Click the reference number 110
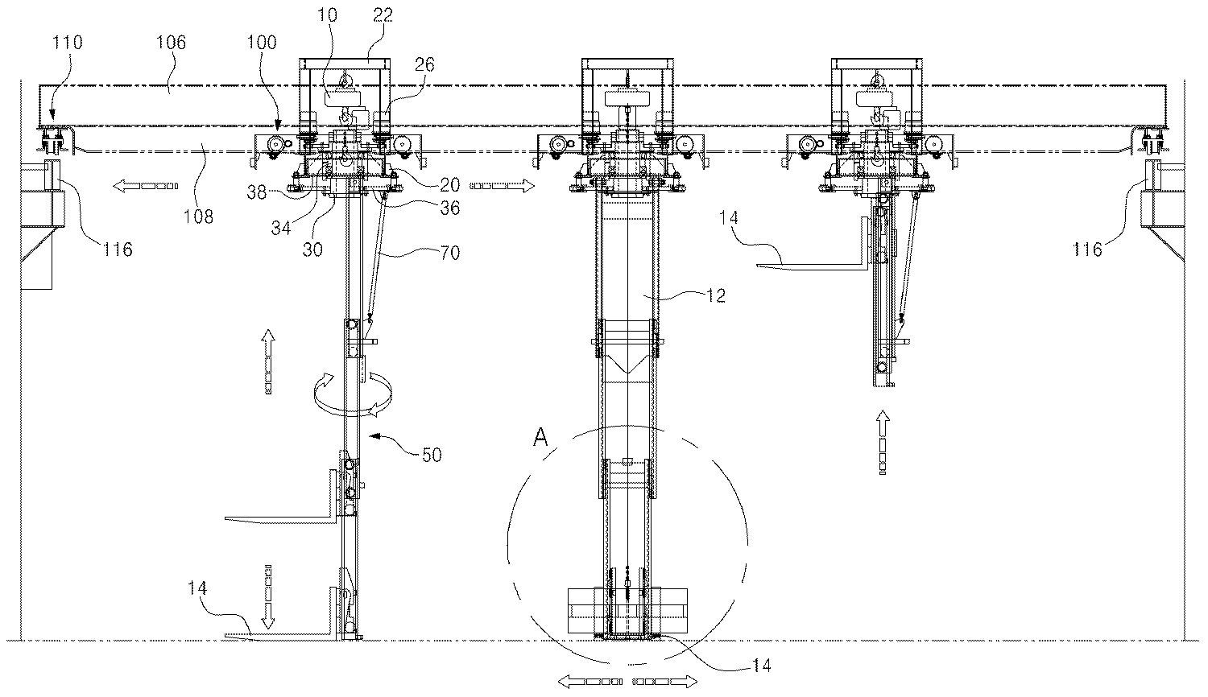67,42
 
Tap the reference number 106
171,42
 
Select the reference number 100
262,42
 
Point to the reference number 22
383,15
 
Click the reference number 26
424,64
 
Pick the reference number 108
198,217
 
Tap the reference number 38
257,192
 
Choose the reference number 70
450,252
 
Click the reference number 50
432,455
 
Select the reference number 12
716,295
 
